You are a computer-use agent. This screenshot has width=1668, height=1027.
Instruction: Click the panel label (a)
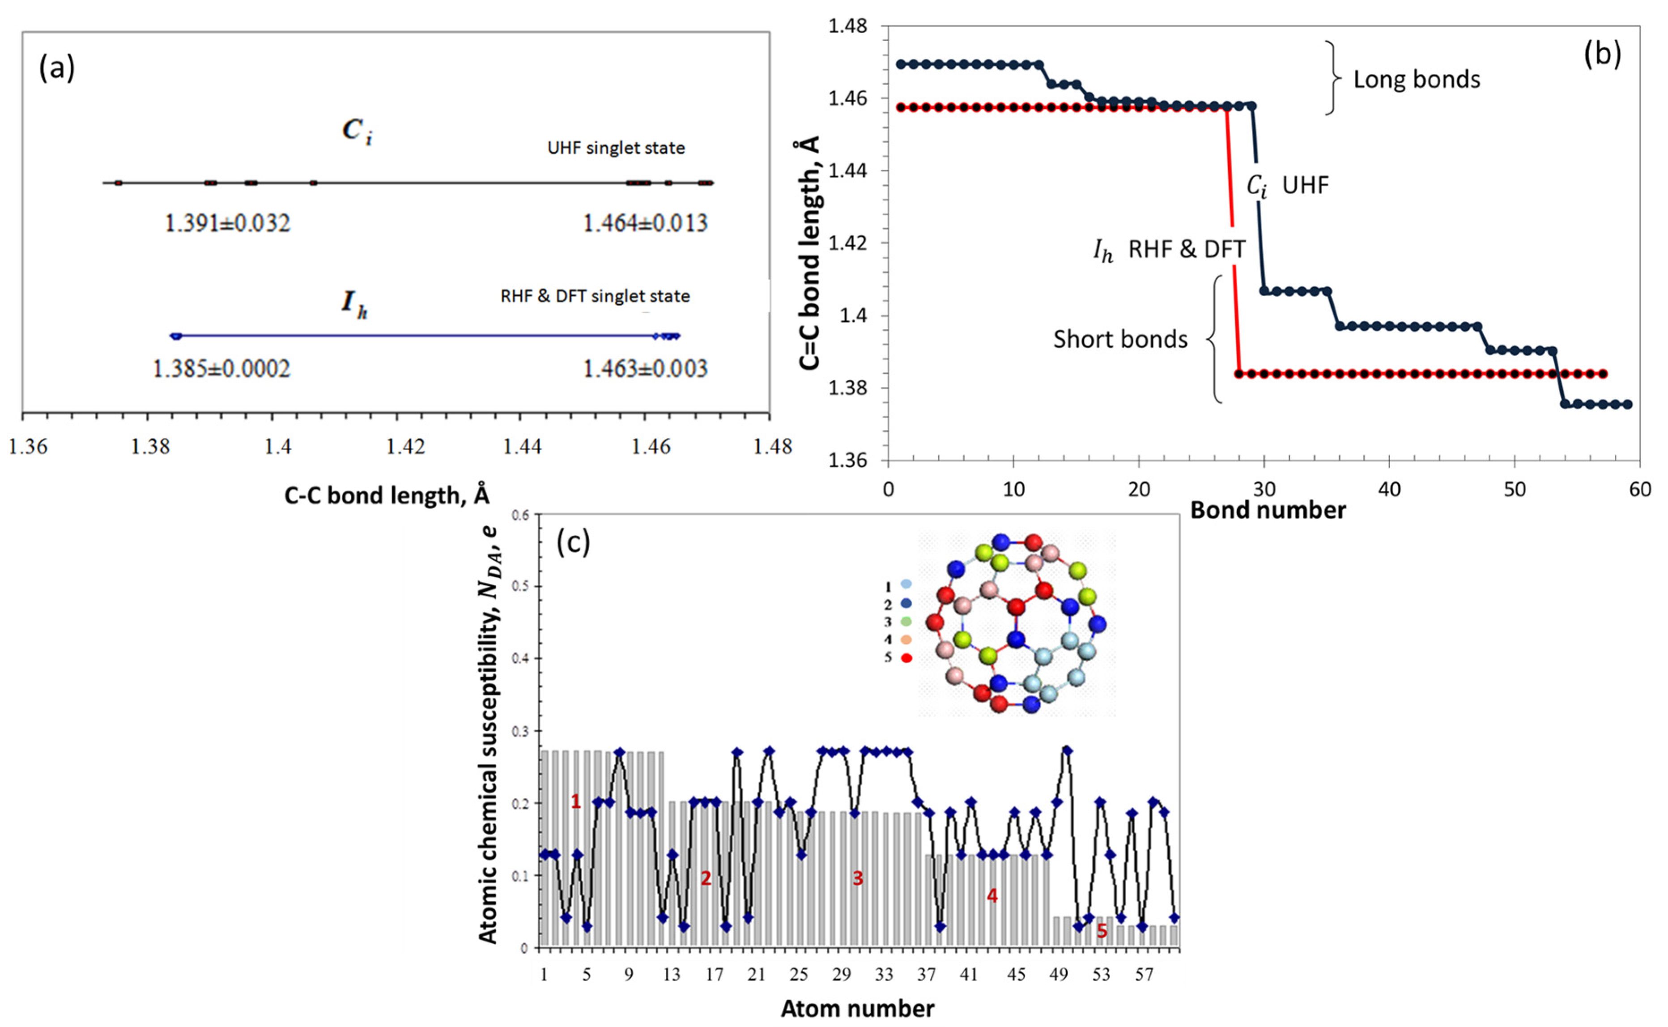point(57,68)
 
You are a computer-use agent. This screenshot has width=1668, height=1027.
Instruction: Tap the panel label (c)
point(573,542)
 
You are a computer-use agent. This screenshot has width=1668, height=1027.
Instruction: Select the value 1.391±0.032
point(228,223)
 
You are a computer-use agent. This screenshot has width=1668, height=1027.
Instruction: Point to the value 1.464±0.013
point(645,223)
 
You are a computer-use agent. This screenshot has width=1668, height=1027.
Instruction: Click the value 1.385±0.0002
point(221,368)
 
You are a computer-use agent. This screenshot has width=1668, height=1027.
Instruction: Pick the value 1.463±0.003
point(645,368)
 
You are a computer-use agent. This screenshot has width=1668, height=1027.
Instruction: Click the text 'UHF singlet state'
point(616,148)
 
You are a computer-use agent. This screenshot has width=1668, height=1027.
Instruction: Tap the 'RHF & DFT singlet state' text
point(595,296)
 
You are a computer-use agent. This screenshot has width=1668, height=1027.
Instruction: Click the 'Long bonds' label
point(1417,80)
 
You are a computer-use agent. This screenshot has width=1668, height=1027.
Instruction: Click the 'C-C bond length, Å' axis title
point(387,495)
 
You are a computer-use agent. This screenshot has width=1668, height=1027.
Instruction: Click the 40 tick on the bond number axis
point(1390,489)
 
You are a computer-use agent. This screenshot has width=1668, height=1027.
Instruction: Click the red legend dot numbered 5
point(906,657)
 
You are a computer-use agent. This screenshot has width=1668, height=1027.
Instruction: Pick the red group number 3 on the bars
point(858,878)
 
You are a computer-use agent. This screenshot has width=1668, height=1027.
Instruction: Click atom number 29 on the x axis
point(842,975)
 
